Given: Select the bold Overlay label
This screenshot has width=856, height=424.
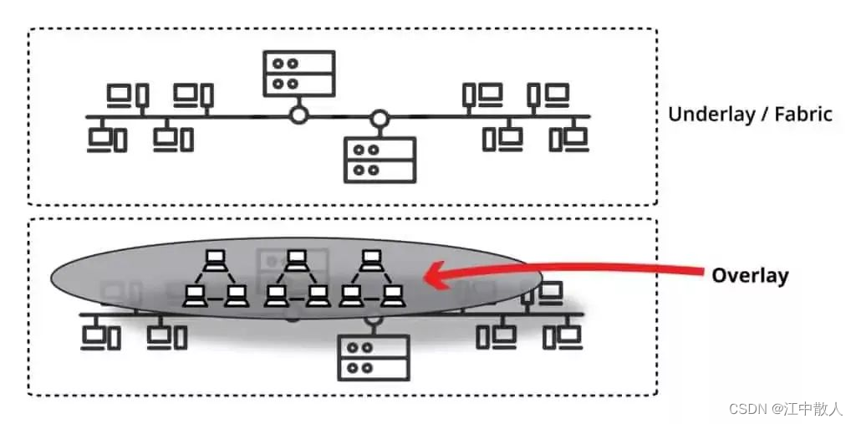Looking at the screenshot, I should pos(750,274).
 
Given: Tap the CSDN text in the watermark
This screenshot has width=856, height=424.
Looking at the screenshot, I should pos(748,408).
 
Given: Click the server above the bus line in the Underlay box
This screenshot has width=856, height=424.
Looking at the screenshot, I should pos(298,73).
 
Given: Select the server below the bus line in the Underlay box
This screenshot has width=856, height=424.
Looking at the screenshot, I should pos(380,160).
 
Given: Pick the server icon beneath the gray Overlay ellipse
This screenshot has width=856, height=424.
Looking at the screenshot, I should pos(373,357).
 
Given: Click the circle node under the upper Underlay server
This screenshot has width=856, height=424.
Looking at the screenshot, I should pos(298,115).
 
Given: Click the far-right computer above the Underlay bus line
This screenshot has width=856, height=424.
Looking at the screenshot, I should pos(549,95).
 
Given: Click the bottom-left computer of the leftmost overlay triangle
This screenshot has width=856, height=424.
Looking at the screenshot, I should pos(195,294).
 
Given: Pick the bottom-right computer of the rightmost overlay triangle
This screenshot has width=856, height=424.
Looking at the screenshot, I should pos(392,294).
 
